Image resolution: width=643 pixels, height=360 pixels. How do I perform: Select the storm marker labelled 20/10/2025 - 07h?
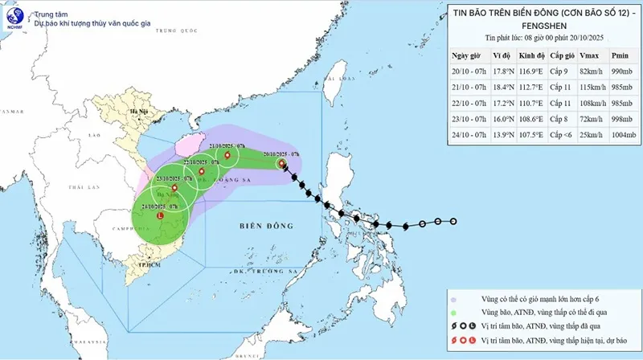(281, 164)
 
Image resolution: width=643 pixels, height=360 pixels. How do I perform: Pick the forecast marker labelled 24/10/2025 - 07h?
(161, 215)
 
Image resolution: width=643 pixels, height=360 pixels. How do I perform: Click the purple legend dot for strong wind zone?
(455, 298)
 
